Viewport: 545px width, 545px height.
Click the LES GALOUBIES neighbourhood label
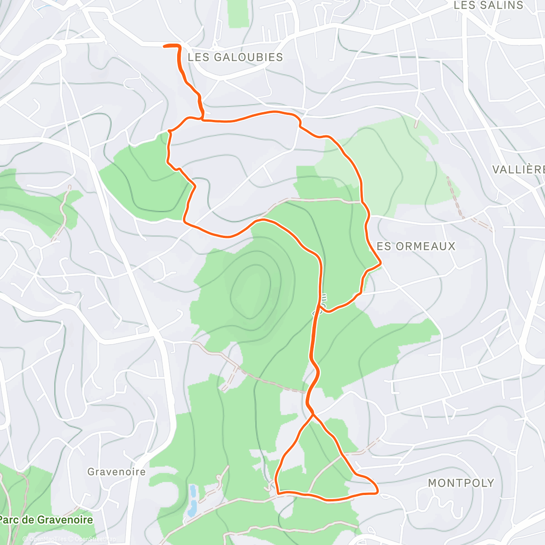point(235,57)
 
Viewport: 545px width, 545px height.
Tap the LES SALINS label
point(489,5)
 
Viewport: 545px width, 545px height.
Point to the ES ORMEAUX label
point(416,246)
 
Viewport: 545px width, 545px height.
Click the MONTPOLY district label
point(461,483)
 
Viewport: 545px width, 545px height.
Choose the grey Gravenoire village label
point(116,472)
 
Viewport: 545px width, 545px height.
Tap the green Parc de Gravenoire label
point(46,520)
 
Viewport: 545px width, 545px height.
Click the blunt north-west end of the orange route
point(165,45)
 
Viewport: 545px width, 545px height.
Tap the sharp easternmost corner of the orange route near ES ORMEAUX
point(380,263)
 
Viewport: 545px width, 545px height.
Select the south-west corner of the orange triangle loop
point(277,491)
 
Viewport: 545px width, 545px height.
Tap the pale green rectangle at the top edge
point(238,14)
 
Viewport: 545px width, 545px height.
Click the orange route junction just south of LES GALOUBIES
point(202,119)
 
